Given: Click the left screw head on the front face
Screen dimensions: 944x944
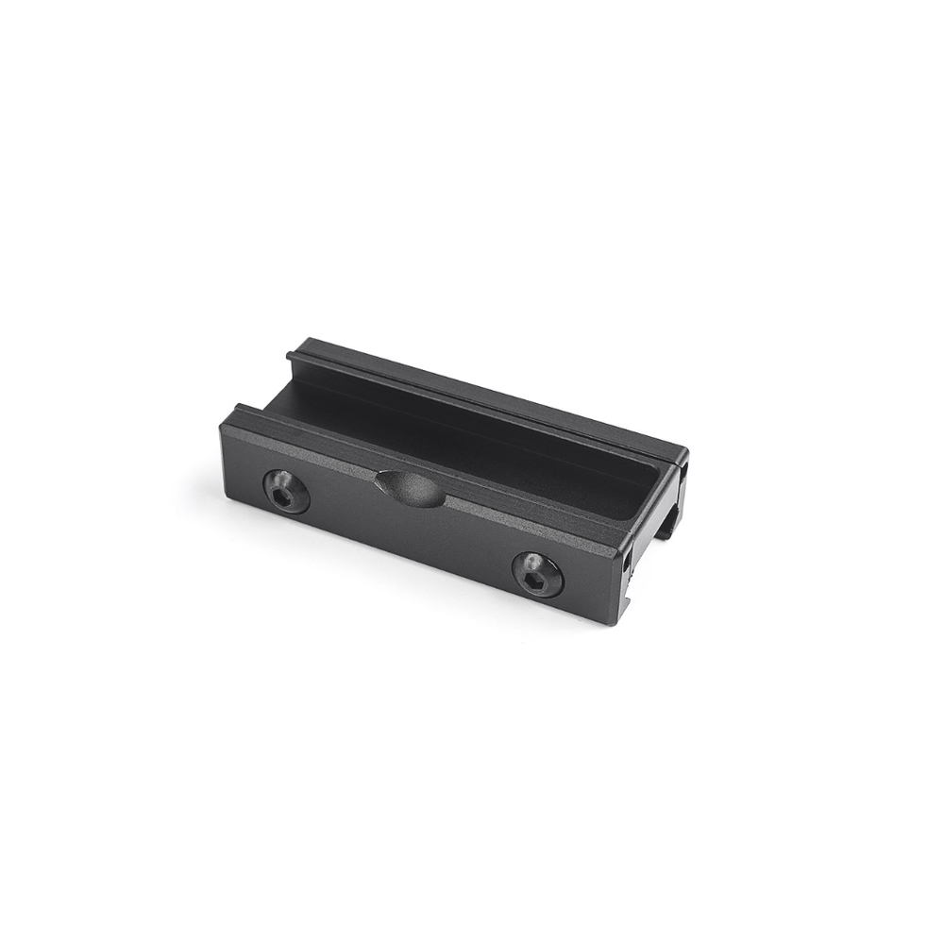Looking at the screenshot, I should point(285,491).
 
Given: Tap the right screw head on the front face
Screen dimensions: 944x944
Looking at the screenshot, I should point(537,574).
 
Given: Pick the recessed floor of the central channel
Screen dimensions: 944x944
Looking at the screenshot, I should point(453,444).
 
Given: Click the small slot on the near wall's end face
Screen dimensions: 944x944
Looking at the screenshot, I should point(626,562).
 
